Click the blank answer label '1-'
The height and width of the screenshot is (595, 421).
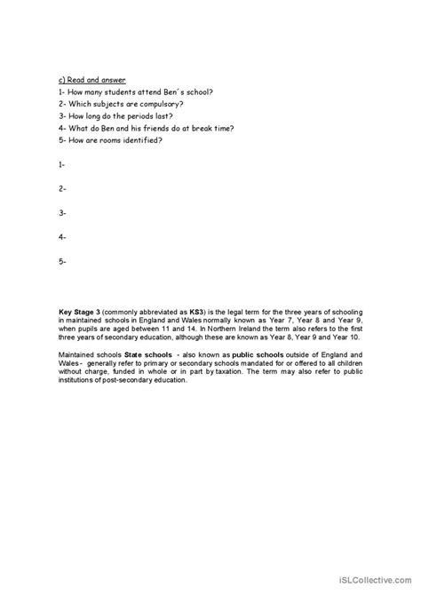pyautogui.click(x=62, y=164)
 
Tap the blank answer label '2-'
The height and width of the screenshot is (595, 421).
pyautogui.click(x=62, y=188)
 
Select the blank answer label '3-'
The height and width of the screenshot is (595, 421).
pyautogui.click(x=62, y=213)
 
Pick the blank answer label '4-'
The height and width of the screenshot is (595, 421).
pyautogui.click(x=62, y=237)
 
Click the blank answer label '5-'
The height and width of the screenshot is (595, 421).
pyautogui.click(x=62, y=262)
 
